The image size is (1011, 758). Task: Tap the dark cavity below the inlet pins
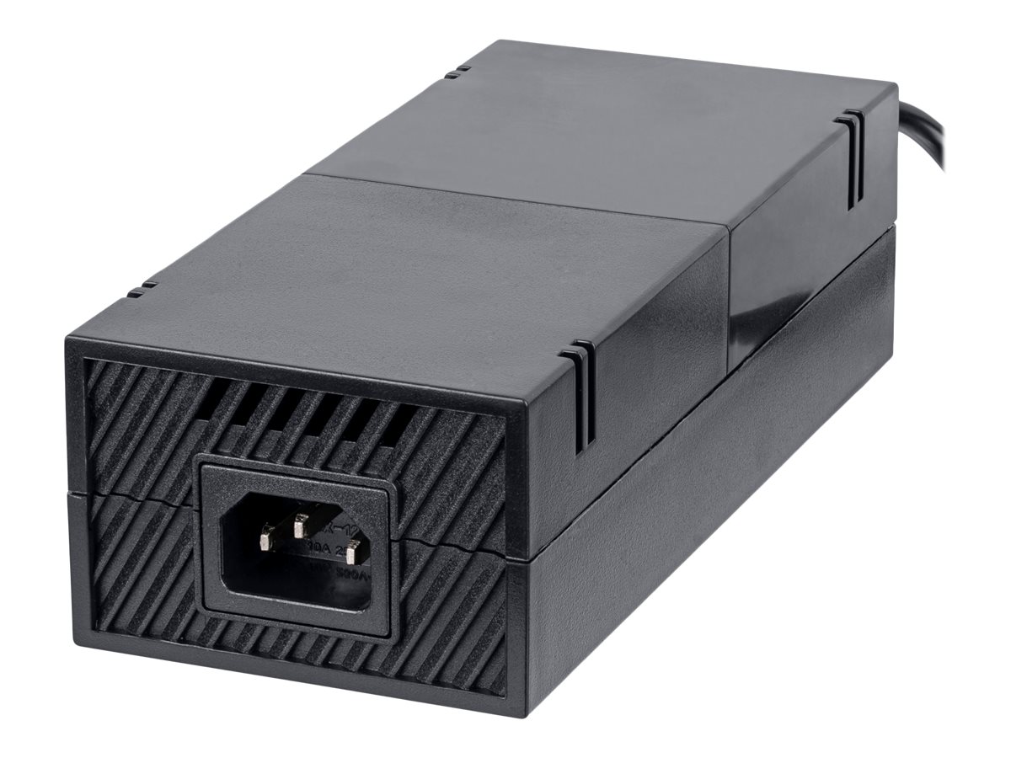tap(295, 581)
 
